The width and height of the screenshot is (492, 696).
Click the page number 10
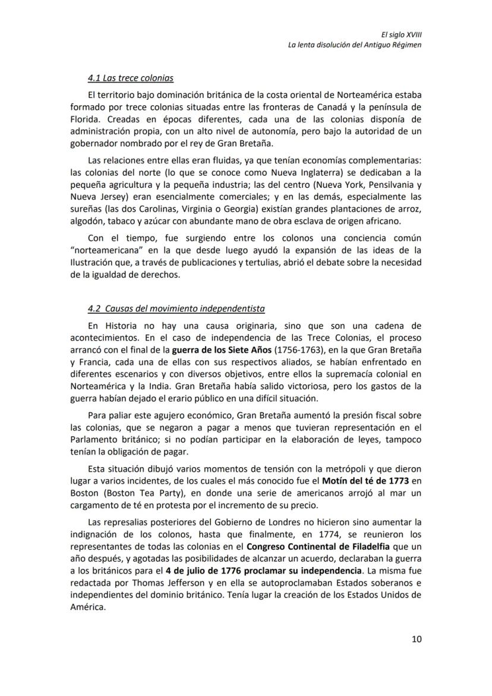(416, 639)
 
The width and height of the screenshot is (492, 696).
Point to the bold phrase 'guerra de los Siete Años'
(221, 350)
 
